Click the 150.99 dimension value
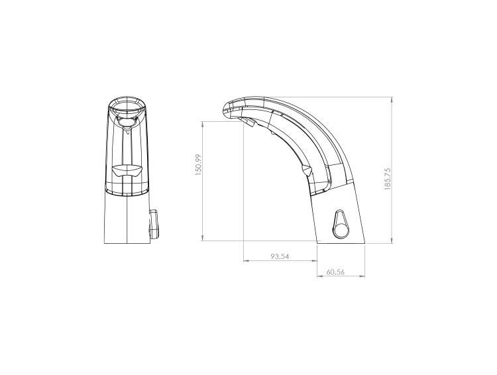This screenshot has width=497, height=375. coord(198,165)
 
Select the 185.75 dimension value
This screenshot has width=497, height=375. coord(388,178)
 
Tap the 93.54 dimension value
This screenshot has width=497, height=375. coord(280,256)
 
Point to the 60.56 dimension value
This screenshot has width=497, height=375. coord(335,272)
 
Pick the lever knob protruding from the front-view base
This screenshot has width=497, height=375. coord(154,224)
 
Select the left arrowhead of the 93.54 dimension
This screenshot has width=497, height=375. coord(246,261)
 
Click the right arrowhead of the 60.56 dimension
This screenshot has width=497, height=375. coord(362,276)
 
